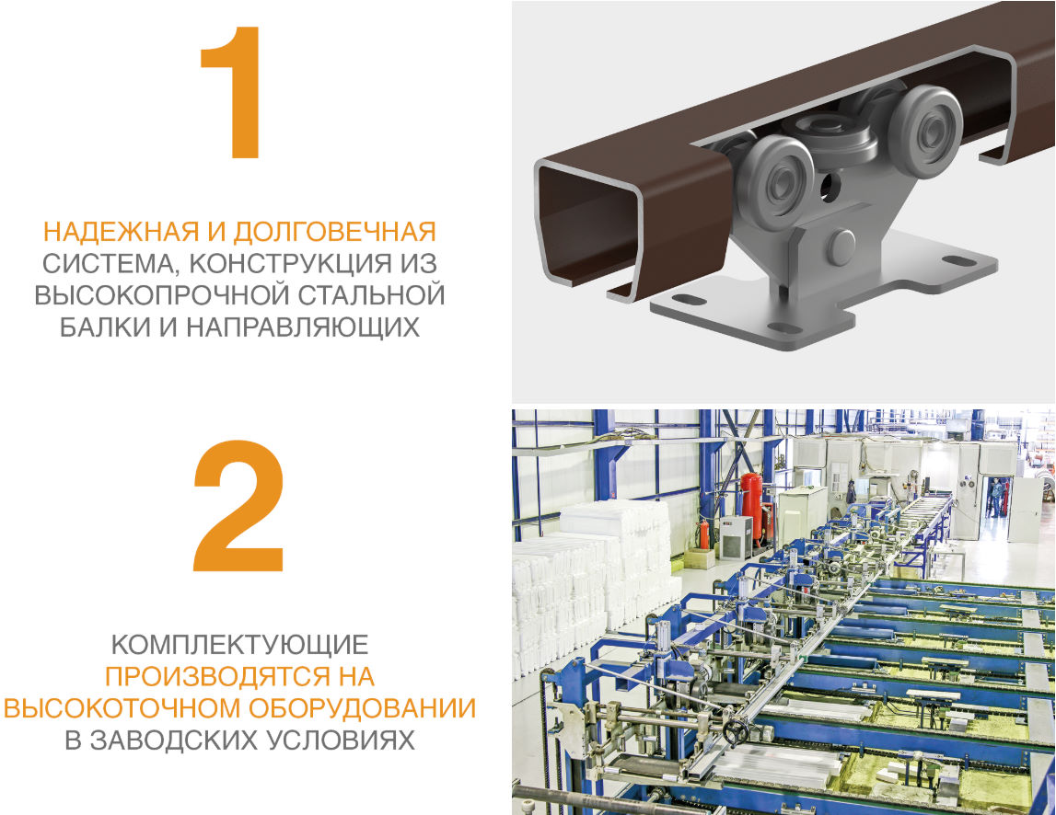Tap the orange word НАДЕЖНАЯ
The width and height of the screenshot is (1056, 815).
(115, 231)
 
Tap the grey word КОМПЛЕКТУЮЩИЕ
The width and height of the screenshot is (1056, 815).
(239, 644)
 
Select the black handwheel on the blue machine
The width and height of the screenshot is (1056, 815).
(735, 733)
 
